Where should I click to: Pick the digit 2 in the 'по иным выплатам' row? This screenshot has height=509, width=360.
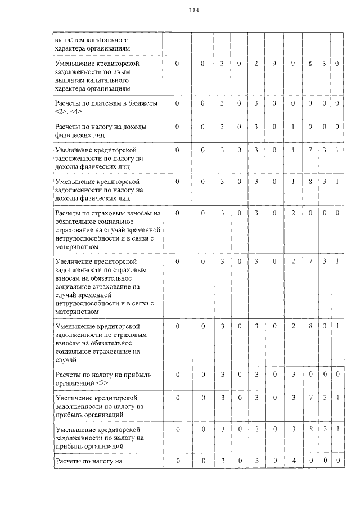[x=255, y=64]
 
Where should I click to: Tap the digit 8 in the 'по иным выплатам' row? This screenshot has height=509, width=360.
[x=310, y=64]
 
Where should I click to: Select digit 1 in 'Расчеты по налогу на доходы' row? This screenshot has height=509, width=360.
[x=293, y=127]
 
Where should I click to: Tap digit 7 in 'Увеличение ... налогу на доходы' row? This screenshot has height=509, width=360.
[x=310, y=151]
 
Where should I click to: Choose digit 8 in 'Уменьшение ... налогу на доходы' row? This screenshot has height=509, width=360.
[x=310, y=182]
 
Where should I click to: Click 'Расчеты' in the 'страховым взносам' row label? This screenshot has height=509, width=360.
[x=69, y=214]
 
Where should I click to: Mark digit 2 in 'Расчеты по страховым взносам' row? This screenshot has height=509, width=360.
[x=293, y=214]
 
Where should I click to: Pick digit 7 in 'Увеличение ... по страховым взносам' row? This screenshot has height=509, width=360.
[x=310, y=262]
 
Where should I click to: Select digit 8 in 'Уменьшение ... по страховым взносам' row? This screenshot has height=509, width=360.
[x=310, y=326]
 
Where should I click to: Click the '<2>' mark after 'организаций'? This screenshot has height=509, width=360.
[x=102, y=382]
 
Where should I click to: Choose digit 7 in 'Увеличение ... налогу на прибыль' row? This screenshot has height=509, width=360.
[x=310, y=398]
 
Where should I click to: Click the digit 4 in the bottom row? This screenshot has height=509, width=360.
[x=293, y=462]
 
